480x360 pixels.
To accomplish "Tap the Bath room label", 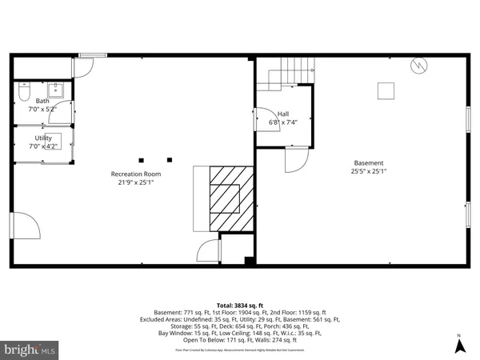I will (x=42, y=102).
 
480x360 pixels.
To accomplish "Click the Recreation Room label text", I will (x=135, y=174).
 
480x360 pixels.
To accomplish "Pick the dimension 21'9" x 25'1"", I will (x=135, y=182).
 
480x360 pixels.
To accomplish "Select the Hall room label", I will (x=283, y=114).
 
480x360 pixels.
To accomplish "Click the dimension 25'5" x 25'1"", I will (x=369, y=171).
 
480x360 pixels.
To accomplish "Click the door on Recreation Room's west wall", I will (x=23, y=227).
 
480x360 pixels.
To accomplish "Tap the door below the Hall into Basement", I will (x=296, y=159).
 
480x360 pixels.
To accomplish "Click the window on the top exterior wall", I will (x=93, y=55).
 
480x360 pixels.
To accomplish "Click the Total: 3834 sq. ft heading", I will (x=239, y=306).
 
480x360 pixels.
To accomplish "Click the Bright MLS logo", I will (x=30, y=349).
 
